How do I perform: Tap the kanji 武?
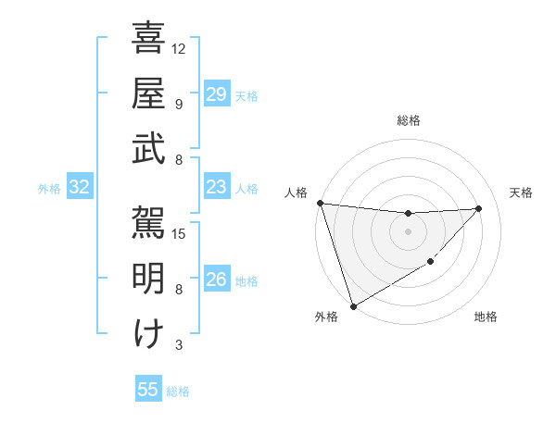(149, 149)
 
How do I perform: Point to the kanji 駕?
(149, 222)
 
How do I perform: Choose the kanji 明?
(149, 278)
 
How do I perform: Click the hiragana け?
(149, 333)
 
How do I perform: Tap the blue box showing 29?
(216, 94)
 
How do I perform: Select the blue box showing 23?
(216, 188)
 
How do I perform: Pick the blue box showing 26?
(216, 280)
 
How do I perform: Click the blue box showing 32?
(79, 188)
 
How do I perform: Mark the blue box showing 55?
(148, 390)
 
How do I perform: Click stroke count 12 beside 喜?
(180, 48)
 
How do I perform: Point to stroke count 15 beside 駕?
(180, 233)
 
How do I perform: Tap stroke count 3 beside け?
(179, 345)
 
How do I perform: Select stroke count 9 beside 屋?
(179, 104)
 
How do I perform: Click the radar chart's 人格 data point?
(320, 203)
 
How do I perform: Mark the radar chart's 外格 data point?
(353, 306)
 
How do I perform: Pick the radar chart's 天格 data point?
(479, 208)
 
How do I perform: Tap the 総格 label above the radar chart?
(409, 120)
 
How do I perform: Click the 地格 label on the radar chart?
(486, 317)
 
